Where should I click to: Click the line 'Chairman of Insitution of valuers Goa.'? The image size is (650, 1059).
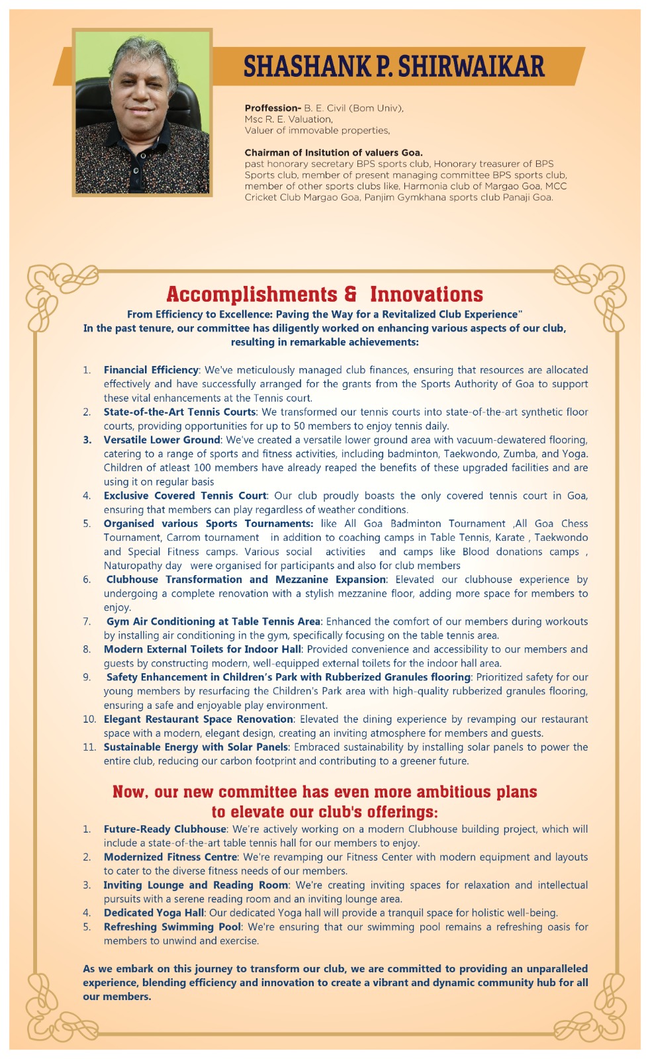coord(334,152)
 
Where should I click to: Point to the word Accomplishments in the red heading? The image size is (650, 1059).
coord(252,294)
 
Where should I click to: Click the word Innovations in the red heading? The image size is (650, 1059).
coord(426,294)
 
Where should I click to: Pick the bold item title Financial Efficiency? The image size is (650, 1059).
coord(151,370)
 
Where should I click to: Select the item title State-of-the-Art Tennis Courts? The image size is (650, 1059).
coord(179,412)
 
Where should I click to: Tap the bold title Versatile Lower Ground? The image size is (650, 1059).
coord(162,439)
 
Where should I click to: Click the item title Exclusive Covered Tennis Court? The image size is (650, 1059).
coord(185,496)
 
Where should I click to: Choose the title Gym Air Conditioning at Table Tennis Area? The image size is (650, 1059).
coord(213,622)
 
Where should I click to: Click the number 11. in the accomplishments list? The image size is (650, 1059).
coord(89,747)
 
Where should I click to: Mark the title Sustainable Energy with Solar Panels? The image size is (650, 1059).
coord(195,747)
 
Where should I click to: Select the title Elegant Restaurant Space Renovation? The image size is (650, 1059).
coord(198,719)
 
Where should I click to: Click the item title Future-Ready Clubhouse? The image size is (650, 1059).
coord(165,829)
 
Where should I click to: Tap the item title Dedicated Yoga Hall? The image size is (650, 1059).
coord(154,913)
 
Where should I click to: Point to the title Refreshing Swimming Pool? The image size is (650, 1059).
coord(172,927)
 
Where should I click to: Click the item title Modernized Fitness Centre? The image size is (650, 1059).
coord(170,857)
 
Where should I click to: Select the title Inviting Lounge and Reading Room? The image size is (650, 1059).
coord(195,885)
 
